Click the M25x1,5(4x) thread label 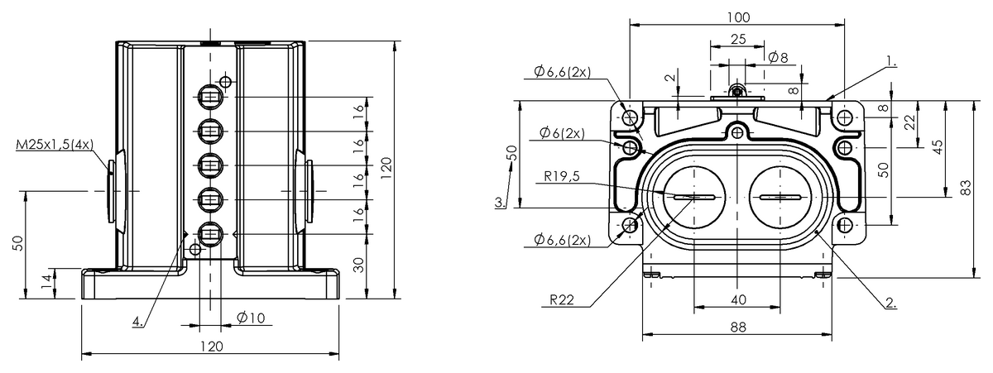point(55,145)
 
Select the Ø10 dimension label point(251,318)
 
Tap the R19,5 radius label point(562,176)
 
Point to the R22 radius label point(562,300)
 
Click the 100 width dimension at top point(738,17)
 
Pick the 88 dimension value point(737,327)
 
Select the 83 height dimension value point(967,188)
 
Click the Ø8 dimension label point(778,57)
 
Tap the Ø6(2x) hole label point(562,132)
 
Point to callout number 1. point(891,62)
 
